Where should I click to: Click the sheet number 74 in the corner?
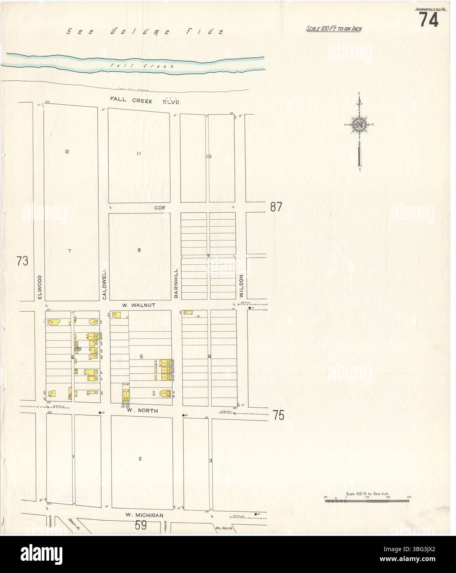[429, 19]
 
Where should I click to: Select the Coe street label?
[160, 208]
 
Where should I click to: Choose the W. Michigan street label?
[144, 515]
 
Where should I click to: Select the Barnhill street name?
[175, 283]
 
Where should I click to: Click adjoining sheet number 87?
[276, 207]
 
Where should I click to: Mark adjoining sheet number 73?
[23, 261]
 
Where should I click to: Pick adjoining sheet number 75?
[279, 415]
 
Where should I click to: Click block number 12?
[67, 152]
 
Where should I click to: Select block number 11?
[139, 154]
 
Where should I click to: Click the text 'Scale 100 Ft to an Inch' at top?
[334, 29]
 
